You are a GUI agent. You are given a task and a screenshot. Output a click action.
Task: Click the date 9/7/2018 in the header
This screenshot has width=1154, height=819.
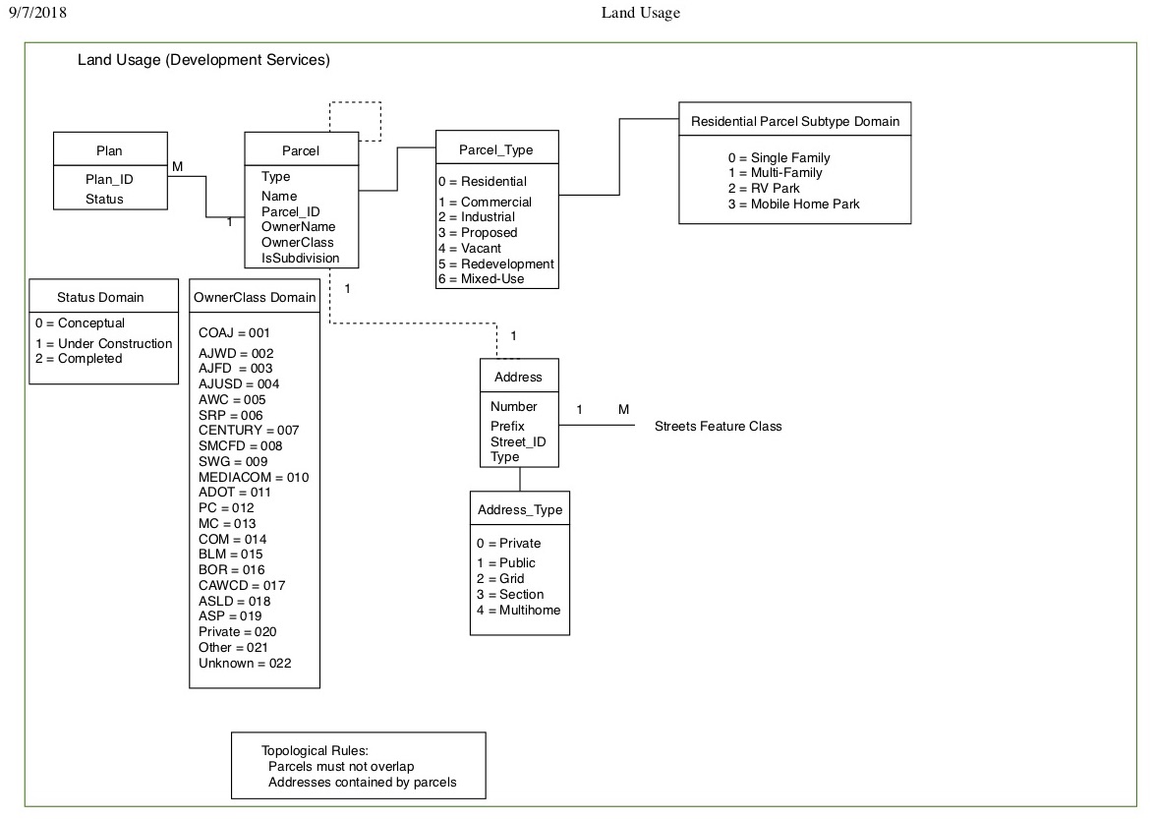pos(37,12)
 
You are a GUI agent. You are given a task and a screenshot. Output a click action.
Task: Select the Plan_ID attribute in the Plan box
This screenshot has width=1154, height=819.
pos(109,180)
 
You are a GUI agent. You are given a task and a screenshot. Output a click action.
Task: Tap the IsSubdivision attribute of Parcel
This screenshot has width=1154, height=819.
pos(300,259)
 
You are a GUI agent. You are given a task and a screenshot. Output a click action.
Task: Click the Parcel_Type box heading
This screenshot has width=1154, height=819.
pos(496,150)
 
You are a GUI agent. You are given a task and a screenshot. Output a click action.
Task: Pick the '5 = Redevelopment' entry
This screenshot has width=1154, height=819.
pos(496,264)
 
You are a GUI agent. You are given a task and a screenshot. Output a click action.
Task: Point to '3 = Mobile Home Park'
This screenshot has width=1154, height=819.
pos(793,204)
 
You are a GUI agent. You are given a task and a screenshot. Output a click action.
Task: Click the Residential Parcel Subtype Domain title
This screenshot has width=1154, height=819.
pos(795,121)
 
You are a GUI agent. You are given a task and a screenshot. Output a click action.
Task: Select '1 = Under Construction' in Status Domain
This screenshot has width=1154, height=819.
pos(104,344)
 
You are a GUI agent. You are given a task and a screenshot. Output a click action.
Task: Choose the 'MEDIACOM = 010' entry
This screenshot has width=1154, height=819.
pos(254,478)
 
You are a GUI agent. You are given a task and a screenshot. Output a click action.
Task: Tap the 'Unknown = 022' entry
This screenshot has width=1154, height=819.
pos(245,664)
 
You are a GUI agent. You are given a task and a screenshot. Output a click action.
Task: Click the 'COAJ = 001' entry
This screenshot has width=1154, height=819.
pos(234,333)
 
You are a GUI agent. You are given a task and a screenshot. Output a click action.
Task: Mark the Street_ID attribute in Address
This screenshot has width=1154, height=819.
pos(518,442)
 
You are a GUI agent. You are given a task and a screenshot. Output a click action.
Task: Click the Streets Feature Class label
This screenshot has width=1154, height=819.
pos(719,426)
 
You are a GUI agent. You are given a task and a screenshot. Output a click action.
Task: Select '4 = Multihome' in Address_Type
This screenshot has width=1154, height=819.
pos(518,610)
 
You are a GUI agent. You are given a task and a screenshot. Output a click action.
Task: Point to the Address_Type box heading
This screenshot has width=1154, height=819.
pos(520,510)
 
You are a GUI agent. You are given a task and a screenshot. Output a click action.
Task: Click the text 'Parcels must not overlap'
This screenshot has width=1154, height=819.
pos(341,767)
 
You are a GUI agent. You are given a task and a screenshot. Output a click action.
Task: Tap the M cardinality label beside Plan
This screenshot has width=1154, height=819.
pos(177,167)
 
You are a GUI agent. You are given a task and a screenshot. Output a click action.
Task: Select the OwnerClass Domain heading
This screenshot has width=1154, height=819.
pos(255,297)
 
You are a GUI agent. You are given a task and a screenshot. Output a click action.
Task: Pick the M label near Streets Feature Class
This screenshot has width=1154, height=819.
pos(623,410)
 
